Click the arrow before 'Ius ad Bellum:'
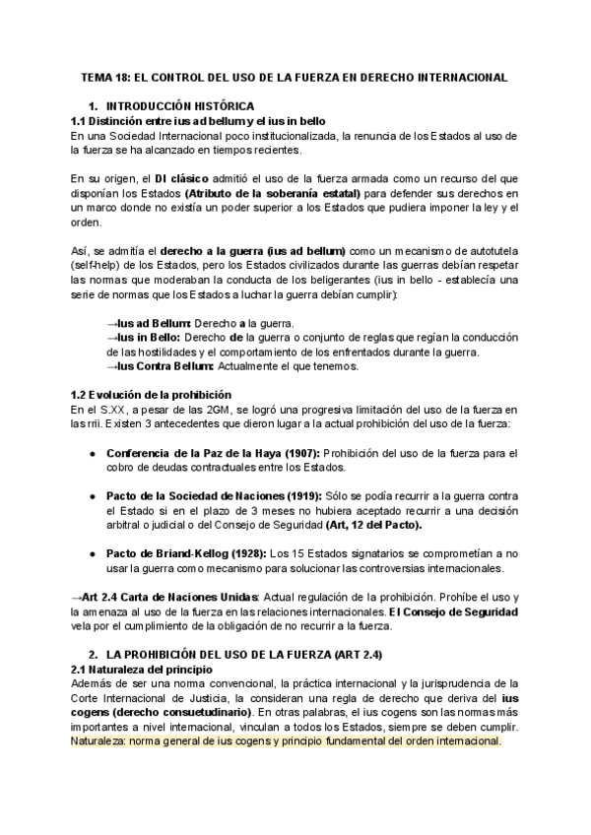(111, 323)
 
